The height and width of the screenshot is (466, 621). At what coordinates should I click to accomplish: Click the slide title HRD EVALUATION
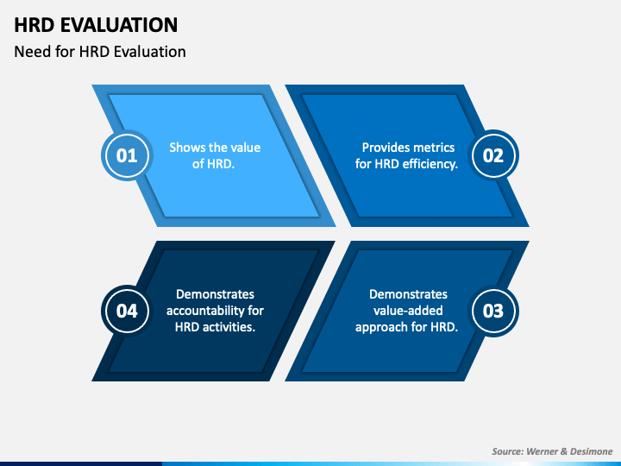(96, 24)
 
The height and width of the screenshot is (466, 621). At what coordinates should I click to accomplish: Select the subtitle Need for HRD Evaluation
(100, 51)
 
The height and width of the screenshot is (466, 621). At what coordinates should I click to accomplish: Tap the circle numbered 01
(127, 155)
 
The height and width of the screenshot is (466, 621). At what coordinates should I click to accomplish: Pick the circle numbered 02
(493, 155)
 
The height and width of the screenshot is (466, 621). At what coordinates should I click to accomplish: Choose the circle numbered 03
(493, 311)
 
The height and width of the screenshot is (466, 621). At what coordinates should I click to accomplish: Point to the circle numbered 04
(127, 311)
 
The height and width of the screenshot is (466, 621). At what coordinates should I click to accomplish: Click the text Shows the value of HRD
(215, 155)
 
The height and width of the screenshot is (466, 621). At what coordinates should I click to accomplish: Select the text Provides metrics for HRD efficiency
(407, 155)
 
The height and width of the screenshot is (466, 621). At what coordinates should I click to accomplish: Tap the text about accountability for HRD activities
(215, 311)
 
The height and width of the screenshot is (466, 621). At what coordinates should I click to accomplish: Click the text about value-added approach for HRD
(407, 311)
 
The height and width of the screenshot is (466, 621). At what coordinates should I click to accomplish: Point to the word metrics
(434, 148)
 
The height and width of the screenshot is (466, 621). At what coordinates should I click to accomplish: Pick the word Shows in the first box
(185, 148)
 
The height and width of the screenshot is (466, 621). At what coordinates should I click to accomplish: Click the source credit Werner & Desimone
(573, 450)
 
